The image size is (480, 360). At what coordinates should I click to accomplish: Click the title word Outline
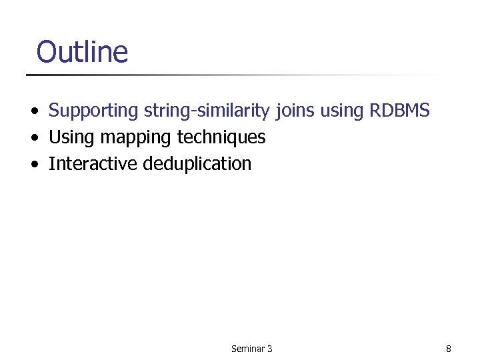(x=82, y=52)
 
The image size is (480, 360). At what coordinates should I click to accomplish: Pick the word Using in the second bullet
(x=71, y=138)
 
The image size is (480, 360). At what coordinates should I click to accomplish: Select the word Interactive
(x=93, y=164)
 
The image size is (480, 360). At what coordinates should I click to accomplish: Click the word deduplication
(x=197, y=165)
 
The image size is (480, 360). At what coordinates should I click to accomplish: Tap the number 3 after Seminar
(x=269, y=349)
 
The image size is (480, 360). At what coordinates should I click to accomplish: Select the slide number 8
(x=449, y=349)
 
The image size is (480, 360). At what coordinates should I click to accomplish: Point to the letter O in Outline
(x=47, y=52)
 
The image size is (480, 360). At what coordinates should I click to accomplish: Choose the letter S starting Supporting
(x=53, y=111)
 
